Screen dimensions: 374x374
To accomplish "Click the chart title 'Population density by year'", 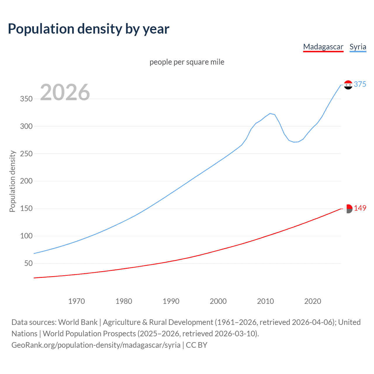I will (89, 29).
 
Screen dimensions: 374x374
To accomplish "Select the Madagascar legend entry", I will (323, 47).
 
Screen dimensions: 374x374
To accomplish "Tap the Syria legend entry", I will (358, 47).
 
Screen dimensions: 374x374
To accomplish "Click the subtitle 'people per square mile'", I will (187, 62).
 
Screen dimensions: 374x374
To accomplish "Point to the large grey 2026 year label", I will (65, 92).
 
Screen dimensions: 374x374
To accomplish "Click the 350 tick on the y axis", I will (26, 99).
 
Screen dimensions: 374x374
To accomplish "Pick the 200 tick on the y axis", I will (26, 181).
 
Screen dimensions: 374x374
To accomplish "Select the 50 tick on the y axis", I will (28, 263).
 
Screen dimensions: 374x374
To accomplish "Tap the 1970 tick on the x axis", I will (77, 301).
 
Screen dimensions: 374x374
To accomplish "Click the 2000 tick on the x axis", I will (218, 301).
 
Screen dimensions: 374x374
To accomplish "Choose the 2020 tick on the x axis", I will (313, 301).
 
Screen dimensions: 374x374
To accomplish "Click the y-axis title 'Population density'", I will (12, 181).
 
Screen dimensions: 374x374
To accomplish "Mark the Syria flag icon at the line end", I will (348, 85).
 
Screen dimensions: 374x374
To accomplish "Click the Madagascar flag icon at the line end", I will (348, 209).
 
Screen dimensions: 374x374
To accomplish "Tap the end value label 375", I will (360, 84).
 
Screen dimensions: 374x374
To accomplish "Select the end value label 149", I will (360, 208).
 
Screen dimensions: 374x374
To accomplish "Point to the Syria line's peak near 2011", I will (270, 113).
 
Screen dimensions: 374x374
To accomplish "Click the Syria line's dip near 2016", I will (294, 142).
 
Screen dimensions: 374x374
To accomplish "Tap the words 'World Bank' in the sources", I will (78, 322).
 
